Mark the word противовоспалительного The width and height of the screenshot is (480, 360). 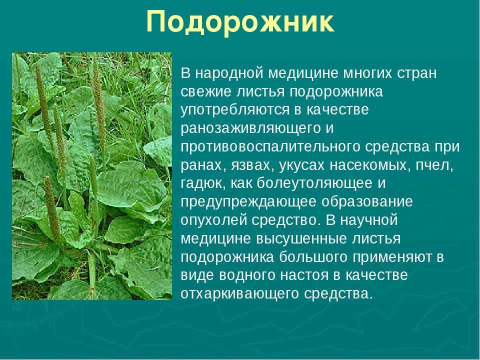tap(270, 147)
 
